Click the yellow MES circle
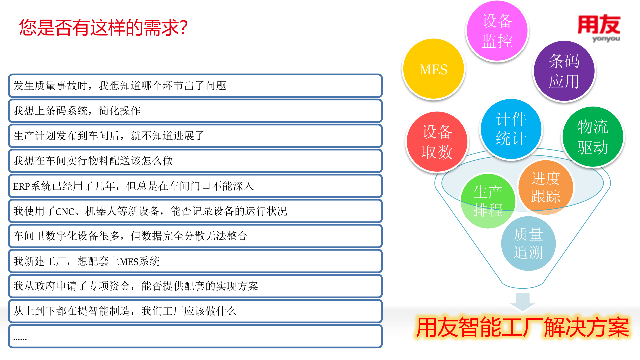point(433,69)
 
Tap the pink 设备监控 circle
point(497,31)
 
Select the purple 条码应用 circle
point(564,71)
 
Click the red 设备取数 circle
point(437,142)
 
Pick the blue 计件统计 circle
point(511,129)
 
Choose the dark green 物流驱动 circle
point(593,137)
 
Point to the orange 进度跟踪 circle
point(546,187)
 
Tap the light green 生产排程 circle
point(488,201)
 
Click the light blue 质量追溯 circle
point(528,243)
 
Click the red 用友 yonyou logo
point(599,28)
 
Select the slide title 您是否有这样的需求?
point(103,27)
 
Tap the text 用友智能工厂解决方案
point(522,328)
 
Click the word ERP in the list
point(21,186)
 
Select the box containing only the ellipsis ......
point(195,337)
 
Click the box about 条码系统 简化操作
point(195,111)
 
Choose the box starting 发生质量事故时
point(195,86)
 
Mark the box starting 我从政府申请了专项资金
point(195,286)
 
